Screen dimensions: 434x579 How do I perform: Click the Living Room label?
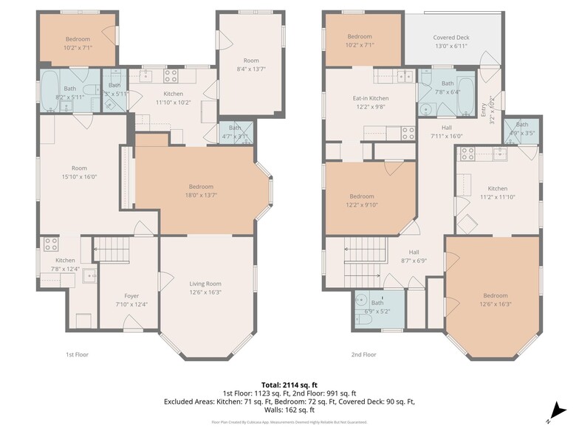(205, 283)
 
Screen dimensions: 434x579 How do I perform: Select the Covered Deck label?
(450, 38)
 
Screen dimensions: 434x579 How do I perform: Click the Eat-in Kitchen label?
(370, 98)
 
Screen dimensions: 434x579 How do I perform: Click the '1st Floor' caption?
(78, 354)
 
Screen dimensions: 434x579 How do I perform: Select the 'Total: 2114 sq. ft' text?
(289, 385)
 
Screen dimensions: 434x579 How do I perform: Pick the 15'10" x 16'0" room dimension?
(79, 176)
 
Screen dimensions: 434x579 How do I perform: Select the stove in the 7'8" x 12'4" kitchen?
(51, 244)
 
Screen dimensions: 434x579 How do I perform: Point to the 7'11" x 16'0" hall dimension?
(447, 136)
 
